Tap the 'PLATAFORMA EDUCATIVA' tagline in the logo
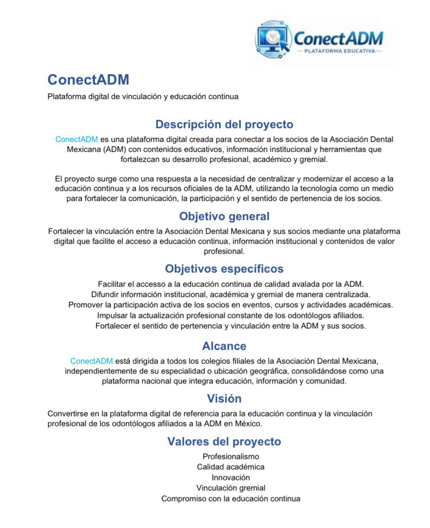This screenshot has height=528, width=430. click(339, 51)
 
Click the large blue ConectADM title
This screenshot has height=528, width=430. click(88, 80)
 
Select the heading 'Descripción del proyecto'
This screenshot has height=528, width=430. click(224, 124)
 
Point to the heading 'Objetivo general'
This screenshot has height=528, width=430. click(224, 216)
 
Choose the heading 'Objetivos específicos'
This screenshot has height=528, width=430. click(224, 269)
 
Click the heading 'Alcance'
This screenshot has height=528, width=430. click(224, 346)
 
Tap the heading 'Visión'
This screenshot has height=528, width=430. click(224, 399)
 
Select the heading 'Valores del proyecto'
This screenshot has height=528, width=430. click(224, 441)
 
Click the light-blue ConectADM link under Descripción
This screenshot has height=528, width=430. click(77, 139)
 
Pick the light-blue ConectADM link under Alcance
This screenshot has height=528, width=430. click(92, 361)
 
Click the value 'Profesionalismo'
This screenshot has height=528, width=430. click(231, 456)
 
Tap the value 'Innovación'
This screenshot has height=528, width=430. click(231, 477)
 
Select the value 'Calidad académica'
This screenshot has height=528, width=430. click(231, 467)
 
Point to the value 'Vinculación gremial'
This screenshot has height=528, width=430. click(231, 488)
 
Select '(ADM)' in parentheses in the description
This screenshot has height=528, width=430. click(115, 149)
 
